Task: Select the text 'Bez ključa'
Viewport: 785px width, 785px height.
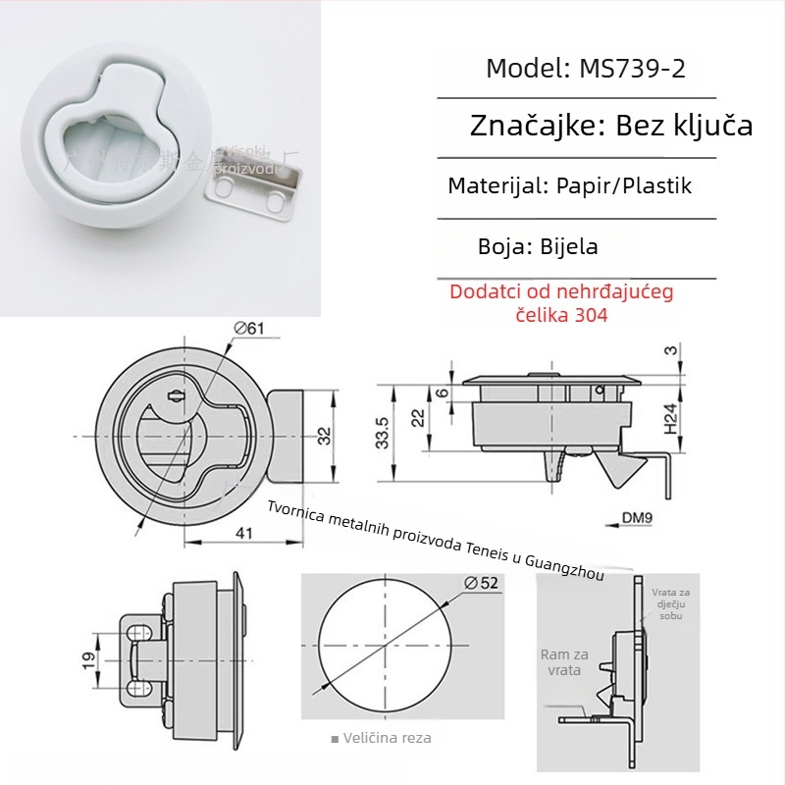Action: pyautogui.click(x=684, y=126)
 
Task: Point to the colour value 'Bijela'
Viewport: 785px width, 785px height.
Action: pyautogui.click(x=569, y=245)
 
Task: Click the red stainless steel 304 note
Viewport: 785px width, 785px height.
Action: pyautogui.click(x=561, y=303)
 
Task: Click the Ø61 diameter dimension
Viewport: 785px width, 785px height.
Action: pyautogui.click(x=249, y=329)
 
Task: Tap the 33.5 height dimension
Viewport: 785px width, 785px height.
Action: pyautogui.click(x=383, y=433)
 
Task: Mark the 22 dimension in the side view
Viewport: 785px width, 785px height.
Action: pyautogui.click(x=418, y=417)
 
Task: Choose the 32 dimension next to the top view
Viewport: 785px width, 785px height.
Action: pyautogui.click(x=325, y=434)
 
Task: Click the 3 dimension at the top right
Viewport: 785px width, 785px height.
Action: pyautogui.click(x=670, y=350)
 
